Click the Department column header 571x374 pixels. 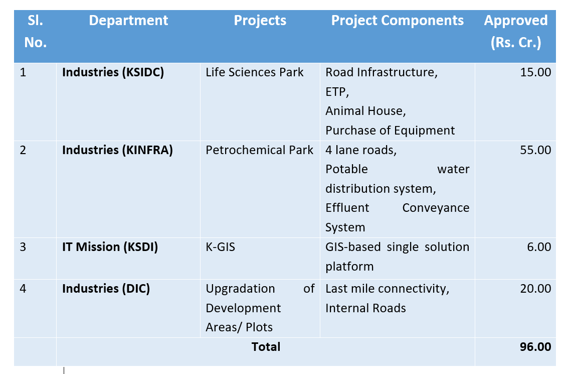128,21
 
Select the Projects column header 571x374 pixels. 260,21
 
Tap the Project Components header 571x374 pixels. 398,21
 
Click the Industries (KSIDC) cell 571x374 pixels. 113,72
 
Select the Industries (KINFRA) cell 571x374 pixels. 117,150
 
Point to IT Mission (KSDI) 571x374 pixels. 110,247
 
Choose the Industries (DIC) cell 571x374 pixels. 106,288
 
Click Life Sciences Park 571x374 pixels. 254,72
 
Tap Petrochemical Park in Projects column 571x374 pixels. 259,150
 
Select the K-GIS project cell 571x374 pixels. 220,247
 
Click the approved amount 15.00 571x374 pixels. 535,72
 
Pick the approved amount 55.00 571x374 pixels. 535,150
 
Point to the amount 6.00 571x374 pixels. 539,247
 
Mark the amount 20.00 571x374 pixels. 535,288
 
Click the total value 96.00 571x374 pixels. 535,347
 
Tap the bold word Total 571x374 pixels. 266,347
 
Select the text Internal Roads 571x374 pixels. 365,308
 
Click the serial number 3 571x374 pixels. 23,247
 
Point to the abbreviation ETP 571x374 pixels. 336,91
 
